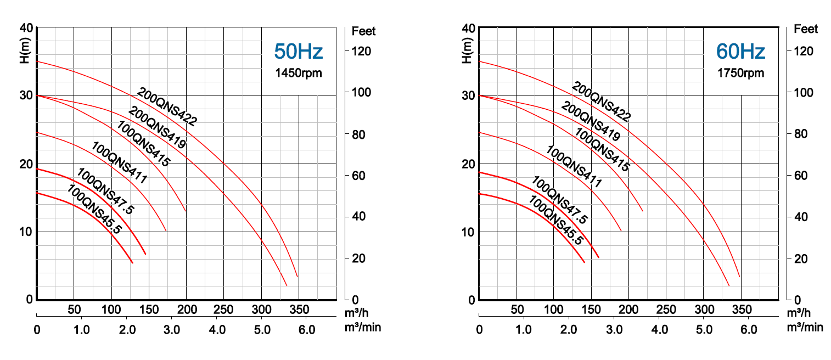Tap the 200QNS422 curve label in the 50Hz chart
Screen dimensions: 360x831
pyautogui.click(x=167, y=107)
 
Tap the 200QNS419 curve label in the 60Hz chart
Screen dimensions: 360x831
pyautogui.click(x=591, y=122)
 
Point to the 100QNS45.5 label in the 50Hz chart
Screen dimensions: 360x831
pyautogui.click(x=94, y=210)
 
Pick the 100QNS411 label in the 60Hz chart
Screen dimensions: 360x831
pyautogui.click(x=574, y=167)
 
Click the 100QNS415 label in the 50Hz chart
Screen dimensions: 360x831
pyautogui.click(x=143, y=143)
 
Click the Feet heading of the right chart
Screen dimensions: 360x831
pyautogui.click(x=805, y=29)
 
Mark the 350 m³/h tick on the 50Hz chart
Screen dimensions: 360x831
pyautogui.click(x=299, y=309)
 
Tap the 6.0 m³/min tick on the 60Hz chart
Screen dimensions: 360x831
pyautogui.click(x=749, y=330)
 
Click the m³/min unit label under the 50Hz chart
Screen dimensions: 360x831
pyautogui.click(x=362, y=328)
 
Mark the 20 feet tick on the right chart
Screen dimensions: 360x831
pyautogui.click(x=801, y=258)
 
